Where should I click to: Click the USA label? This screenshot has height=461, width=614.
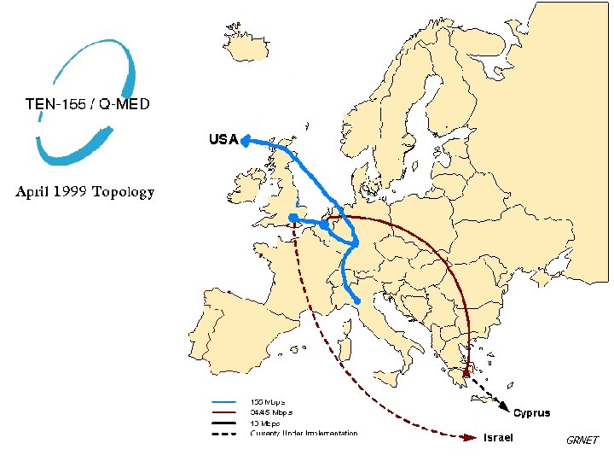[x=223, y=139]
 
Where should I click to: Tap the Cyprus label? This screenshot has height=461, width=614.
[x=531, y=413]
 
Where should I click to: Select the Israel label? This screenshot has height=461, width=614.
[x=498, y=438]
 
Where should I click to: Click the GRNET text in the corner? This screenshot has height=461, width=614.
[x=582, y=441]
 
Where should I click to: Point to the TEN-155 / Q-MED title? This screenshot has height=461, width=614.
[x=87, y=104]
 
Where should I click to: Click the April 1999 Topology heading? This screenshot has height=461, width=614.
[x=85, y=191]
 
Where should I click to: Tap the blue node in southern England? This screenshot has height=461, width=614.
[x=293, y=219]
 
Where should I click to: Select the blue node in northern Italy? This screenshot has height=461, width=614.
[x=357, y=301]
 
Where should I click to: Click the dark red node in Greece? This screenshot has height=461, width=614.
[x=466, y=373]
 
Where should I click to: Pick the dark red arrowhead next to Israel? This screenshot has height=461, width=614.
[x=471, y=438]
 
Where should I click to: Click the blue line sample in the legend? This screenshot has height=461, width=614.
[x=223, y=401]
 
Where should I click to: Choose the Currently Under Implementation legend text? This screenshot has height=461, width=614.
[x=304, y=433]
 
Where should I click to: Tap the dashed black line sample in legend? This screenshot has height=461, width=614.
[x=223, y=433]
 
